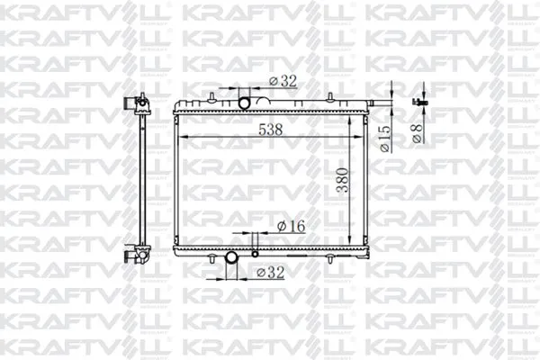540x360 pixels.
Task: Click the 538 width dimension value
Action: [270, 130]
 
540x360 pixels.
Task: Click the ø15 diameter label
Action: [384, 140]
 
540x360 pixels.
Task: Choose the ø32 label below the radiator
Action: [271, 270]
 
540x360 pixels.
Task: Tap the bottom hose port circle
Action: [231, 259]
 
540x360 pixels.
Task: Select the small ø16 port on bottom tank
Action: [255, 238]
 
